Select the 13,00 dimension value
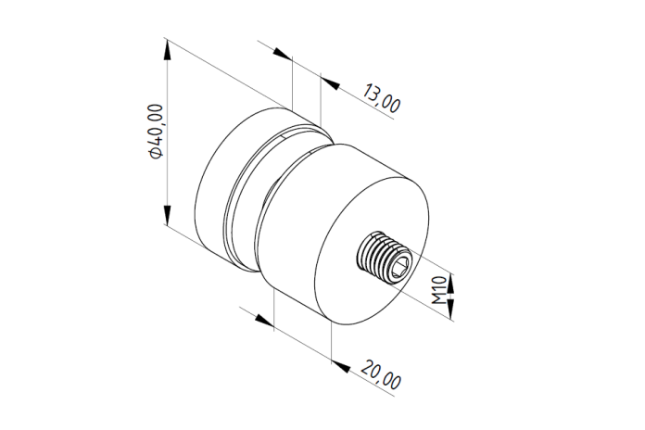point(381,98)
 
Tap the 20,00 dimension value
point(381,375)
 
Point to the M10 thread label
point(439,290)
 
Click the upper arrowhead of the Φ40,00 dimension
point(167,51)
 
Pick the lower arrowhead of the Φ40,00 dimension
point(167,215)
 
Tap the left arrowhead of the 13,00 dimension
point(283,54)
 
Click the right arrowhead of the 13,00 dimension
point(330,83)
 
